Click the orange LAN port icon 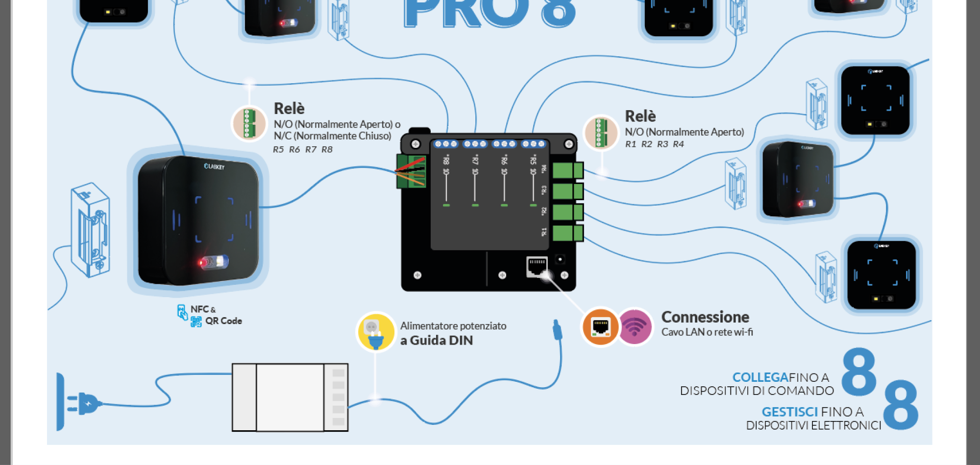click(600, 327)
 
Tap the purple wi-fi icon click(635, 326)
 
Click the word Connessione click(705, 317)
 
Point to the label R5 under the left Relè click(278, 150)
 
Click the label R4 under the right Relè click(678, 144)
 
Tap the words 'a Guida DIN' click(436, 341)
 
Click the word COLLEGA click(760, 377)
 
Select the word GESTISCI click(789, 412)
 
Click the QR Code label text click(223, 321)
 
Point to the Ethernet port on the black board click(537, 266)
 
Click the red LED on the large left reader click(201, 263)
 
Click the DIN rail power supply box click(290, 397)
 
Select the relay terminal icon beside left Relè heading click(249, 123)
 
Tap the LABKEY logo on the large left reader click(214, 166)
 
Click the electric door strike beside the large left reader click(91, 230)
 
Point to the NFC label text click(199, 309)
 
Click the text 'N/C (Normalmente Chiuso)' click(332, 136)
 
